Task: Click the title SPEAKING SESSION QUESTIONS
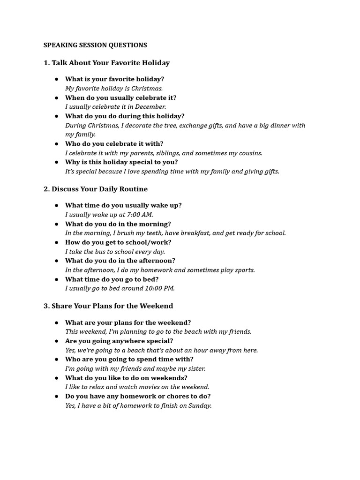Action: tap(95, 45)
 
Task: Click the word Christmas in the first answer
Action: tap(147, 88)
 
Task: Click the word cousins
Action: tap(249, 153)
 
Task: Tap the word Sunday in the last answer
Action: tap(199, 405)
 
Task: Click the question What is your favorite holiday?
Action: tap(115, 79)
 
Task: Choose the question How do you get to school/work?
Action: tap(118, 242)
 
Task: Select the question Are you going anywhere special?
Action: tap(119, 341)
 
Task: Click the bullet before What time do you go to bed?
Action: tap(56, 279)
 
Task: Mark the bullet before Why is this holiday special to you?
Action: tap(56, 162)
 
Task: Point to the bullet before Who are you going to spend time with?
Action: tap(56, 360)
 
